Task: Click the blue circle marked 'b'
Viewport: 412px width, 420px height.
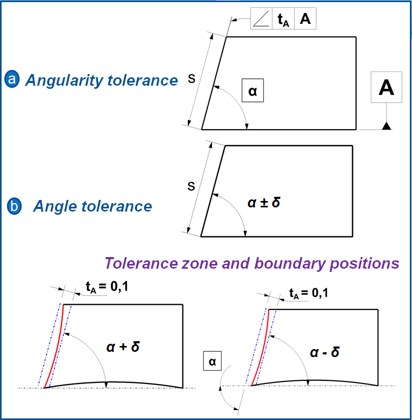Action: point(14,206)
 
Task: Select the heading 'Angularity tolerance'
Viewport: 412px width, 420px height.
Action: point(102,80)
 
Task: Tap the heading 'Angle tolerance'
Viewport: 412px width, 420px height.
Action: point(93,206)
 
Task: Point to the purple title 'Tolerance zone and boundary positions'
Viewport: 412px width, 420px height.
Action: point(251,263)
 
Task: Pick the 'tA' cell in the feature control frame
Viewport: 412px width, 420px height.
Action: point(283,20)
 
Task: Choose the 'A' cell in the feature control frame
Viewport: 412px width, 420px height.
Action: point(305,19)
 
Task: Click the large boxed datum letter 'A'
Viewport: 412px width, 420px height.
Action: point(387,87)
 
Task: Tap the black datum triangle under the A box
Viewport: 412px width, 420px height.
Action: point(387,126)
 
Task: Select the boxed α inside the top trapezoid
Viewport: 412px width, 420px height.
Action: point(252,90)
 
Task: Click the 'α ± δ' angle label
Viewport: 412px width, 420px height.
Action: point(263,203)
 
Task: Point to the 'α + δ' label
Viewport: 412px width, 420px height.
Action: point(122,347)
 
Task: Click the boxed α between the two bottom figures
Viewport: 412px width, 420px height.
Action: point(212,362)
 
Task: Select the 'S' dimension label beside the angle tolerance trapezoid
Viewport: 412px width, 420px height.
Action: point(191,186)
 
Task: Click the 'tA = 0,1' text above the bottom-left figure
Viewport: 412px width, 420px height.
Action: point(105,287)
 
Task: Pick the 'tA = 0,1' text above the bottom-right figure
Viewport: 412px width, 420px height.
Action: point(308,292)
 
